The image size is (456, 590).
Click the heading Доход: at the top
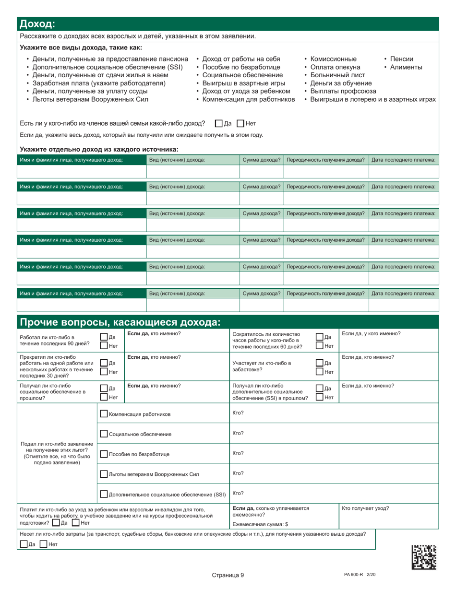(36, 24)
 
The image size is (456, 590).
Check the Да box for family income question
(219, 123)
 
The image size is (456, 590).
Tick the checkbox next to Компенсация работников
(104, 414)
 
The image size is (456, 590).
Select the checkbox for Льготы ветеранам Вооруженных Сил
(104, 474)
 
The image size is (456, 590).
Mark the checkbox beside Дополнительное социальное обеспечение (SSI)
(104, 494)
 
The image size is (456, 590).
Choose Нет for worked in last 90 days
(104, 344)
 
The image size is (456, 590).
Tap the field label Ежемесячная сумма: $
(260, 524)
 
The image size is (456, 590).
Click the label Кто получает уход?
(365, 508)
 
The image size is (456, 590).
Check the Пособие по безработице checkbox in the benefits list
(104, 454)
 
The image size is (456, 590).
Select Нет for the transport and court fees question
(43, 544)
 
